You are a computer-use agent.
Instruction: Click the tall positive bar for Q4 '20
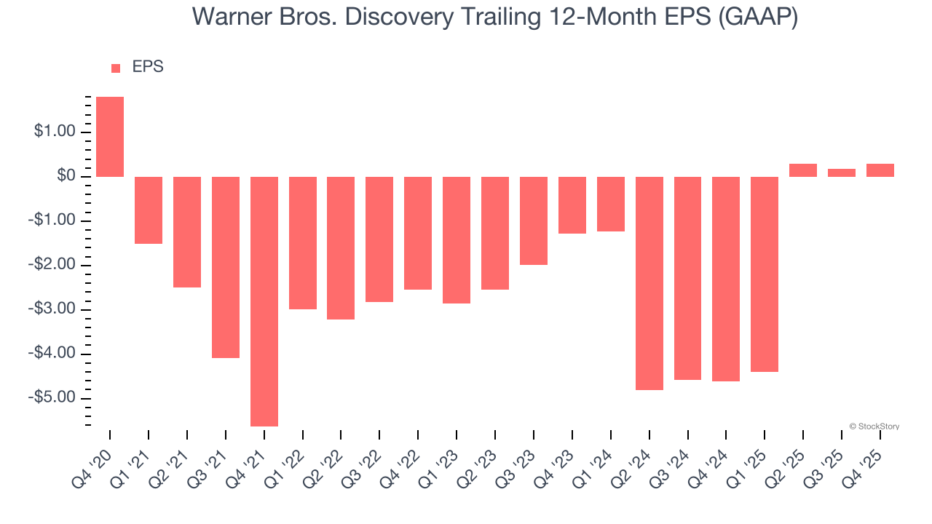point(110,137)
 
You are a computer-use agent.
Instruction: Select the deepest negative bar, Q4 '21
point(264,301)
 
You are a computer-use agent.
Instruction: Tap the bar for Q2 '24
point(649,283)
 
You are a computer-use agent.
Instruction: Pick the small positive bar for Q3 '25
point(842,173)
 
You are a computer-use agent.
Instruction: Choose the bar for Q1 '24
point(611,204)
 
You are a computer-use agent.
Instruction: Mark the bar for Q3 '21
point(226,267)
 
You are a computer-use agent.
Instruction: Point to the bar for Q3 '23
point(534,221)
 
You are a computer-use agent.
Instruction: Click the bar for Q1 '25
point(765,274)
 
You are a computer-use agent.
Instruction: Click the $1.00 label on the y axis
point(55,132)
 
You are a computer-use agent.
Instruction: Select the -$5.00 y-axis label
point(53,398)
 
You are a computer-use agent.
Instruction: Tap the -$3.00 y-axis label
point(53,309)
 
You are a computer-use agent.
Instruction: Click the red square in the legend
point(116,68)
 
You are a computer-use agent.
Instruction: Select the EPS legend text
point(148,67)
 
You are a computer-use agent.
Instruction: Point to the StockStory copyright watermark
point(874,426)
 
